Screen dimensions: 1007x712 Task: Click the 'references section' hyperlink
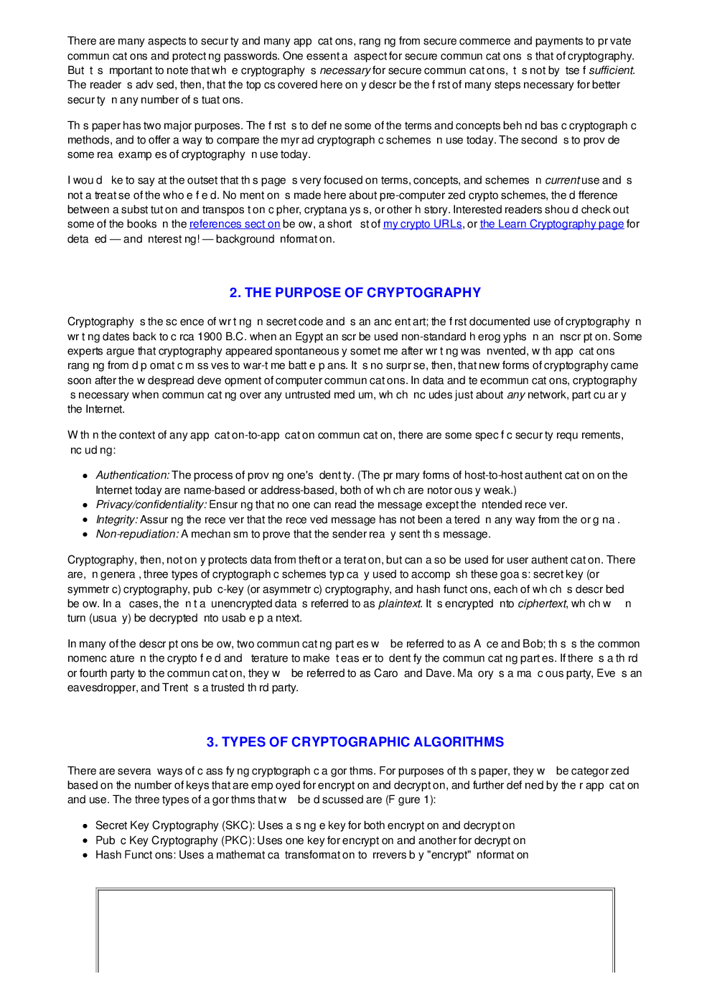(x=234, y=224)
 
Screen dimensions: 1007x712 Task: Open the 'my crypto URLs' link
(x=422, y=224)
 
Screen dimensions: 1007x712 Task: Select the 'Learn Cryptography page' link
(x=551, y=224)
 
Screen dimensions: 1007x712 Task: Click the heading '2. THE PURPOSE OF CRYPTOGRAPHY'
(x=355, y=293)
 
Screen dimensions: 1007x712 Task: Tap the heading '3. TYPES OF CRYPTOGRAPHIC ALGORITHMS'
(x=355, y=742)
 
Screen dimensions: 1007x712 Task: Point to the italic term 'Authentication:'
(x=133, y=475)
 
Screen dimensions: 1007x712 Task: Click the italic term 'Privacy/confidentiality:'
(x=151, y=505)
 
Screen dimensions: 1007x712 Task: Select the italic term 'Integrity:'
(x=116, y=520)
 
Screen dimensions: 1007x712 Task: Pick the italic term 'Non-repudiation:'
(x=137, y=534)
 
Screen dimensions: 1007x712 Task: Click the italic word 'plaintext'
(x=399, y=604)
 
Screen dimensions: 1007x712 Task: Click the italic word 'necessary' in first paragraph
(x=345, y=70)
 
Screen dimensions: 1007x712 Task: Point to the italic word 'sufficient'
(x=611, y=70)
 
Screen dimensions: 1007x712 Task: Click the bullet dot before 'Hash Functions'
(x=85, y=856)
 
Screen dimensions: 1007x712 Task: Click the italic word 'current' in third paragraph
(x=563, y=180)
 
